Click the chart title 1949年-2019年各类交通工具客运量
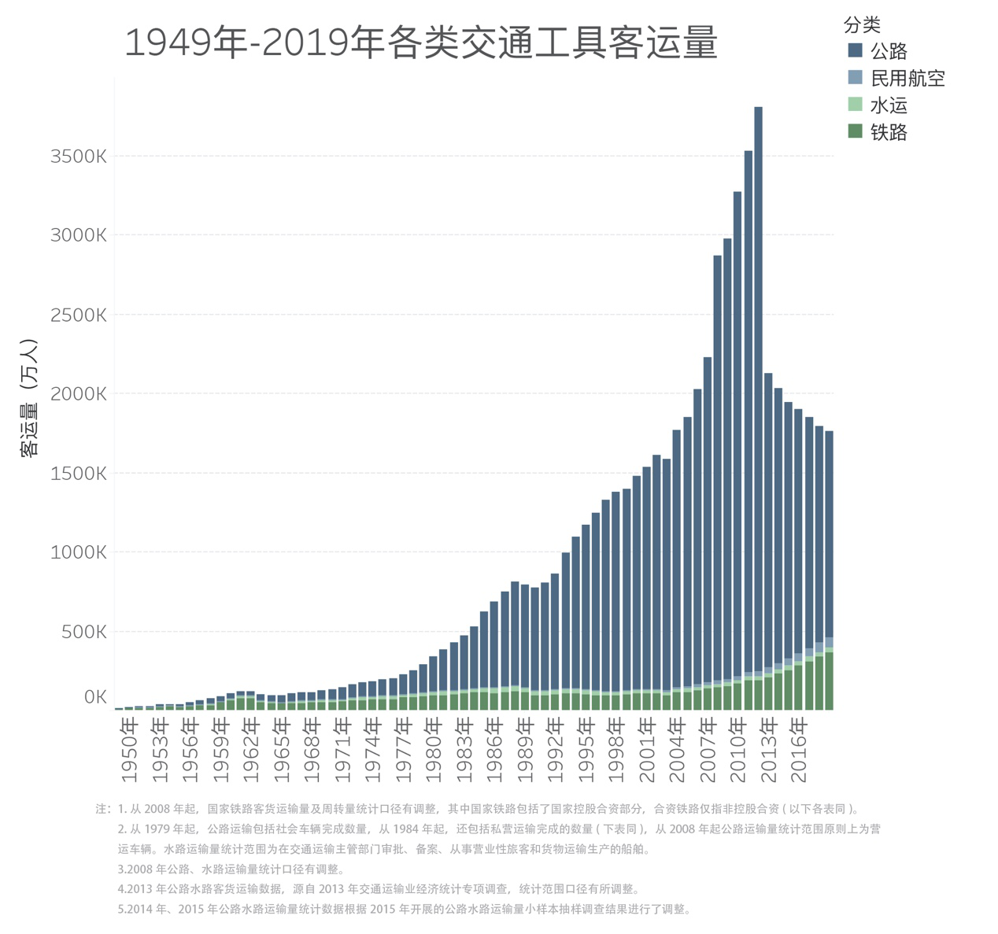[421, 43]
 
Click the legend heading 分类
[862, 25]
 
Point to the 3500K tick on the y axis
[78, 156]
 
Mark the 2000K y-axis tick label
[78, 393]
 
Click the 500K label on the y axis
[83, 631]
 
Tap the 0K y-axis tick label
[94, 697]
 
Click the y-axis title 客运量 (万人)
[29, 397]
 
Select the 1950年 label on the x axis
[130, 756]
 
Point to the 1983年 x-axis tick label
[464, 756]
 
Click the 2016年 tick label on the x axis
[799, 756]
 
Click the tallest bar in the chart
[758, 393]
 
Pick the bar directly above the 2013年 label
[768, 535]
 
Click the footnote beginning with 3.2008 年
[231, 869]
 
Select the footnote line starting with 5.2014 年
[404, 910]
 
